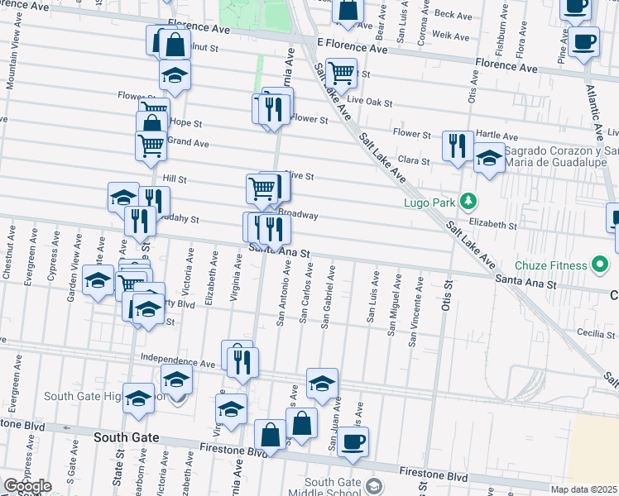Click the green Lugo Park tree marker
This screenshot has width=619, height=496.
point(468,201)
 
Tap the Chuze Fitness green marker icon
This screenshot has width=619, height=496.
point(599,265)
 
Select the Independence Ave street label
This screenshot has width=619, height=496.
point(178,362)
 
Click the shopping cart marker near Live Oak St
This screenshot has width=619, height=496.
point(341,73)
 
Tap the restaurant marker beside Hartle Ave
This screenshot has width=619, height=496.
point(458,145)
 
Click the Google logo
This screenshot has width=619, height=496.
point(27,486)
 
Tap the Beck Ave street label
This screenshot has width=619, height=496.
point(453,15)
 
